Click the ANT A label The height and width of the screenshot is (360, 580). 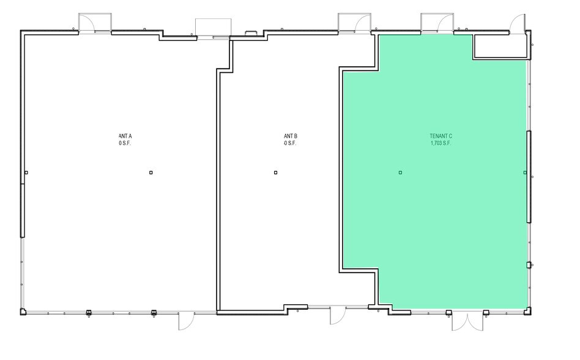tap(125, 136)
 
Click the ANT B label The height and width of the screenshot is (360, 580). tap(290, 136)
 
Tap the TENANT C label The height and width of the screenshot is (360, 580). tap(441, 136)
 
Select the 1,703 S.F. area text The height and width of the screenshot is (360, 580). tap(441, 143)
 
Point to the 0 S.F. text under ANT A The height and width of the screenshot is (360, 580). tap(125, 143)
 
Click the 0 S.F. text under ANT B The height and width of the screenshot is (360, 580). tap(290, 143)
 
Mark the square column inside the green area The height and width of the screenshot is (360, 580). tap(400, 173)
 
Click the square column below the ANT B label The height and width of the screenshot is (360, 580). tap(276, 173)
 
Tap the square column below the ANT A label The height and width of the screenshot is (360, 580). tap(151, 173)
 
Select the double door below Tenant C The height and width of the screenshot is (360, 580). tap(467, 321)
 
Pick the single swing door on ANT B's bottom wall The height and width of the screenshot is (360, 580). tap(337, 317)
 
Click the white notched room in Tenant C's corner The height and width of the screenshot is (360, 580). tap(500, 46)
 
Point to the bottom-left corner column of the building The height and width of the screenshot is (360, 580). tap(23, 312)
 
